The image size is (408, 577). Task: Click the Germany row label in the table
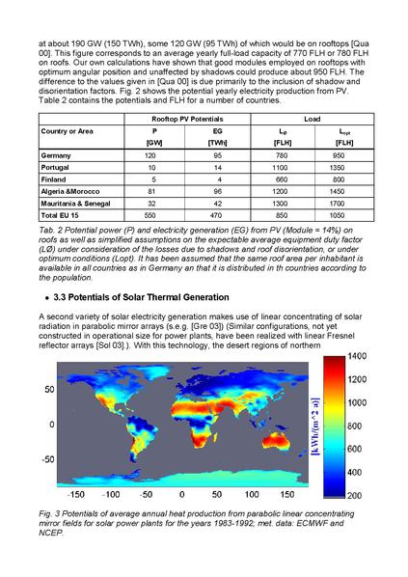(57, 154)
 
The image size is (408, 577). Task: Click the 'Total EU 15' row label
(62, 217)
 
